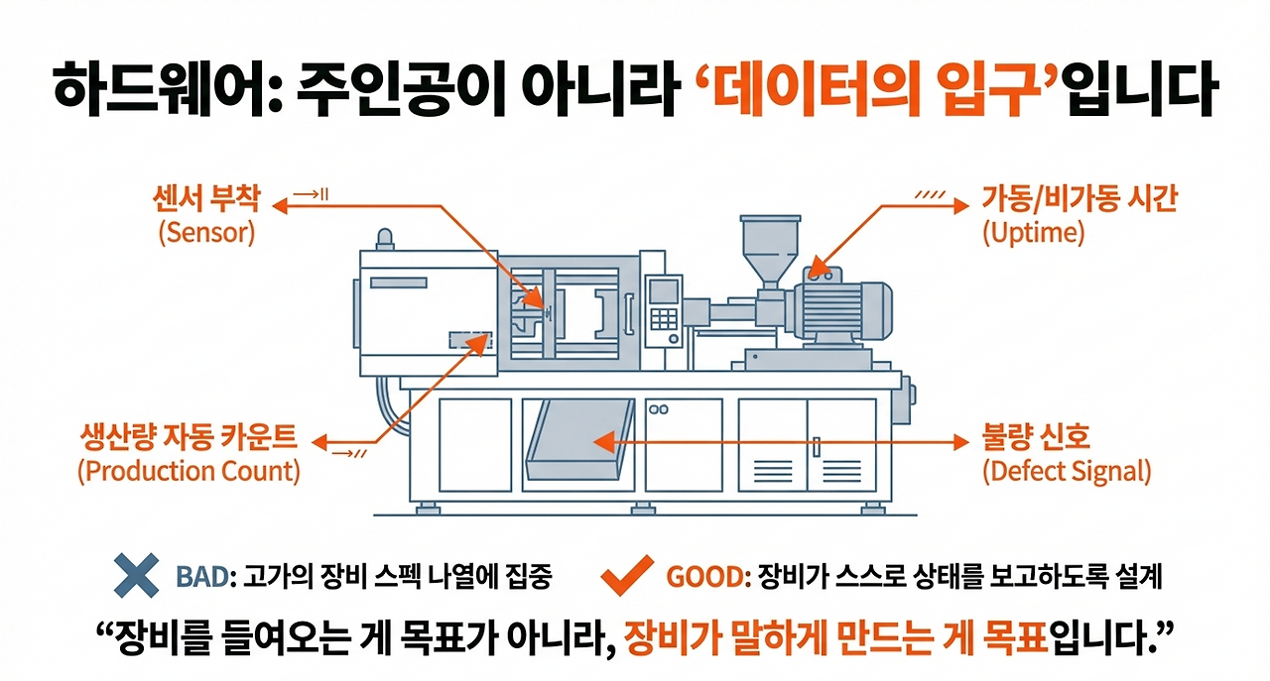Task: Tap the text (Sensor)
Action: [206, 234]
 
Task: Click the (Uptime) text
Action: [1033, 234]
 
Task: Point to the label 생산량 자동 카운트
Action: [188, 436]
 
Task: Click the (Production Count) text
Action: [188, 470]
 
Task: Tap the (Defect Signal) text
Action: [1067, 470]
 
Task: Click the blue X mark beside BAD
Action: [136, 575]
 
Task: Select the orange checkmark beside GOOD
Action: [628, 575]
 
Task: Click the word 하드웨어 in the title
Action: [145, 90]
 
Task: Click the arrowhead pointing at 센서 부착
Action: [279, 206]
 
